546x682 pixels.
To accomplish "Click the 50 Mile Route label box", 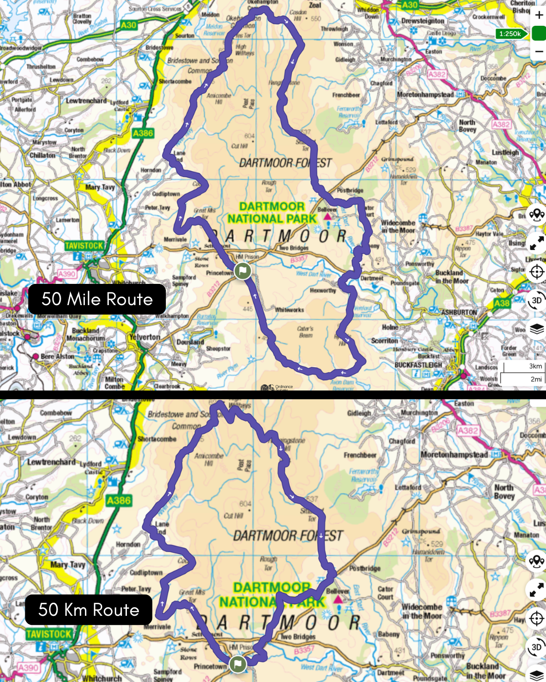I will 97,299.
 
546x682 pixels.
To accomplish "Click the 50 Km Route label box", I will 88,610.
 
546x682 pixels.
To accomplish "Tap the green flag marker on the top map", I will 243,271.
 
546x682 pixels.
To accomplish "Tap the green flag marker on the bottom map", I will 238,664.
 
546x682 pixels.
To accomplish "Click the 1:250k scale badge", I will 510,34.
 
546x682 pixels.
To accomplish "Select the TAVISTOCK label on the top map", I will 84,246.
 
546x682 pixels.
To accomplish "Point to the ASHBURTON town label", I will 459,312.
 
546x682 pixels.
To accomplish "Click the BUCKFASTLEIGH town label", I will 418,365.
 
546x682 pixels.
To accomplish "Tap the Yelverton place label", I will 145,337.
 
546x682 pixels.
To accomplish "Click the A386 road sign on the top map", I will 143,133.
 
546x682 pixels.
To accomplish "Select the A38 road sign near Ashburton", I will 502,303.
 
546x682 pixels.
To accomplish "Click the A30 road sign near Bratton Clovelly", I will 128,25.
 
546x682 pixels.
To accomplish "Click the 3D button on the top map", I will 536,300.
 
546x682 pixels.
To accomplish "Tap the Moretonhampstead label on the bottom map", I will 454,455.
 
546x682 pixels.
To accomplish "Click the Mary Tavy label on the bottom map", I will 68,565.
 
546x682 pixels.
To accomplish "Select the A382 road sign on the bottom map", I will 468,430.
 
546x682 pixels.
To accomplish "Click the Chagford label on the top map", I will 381,83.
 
